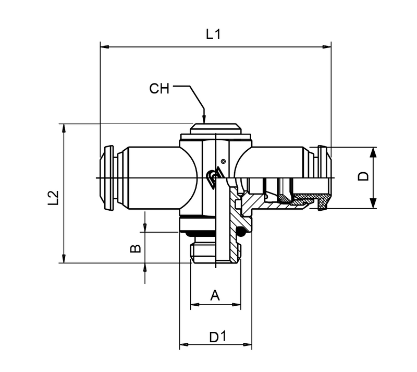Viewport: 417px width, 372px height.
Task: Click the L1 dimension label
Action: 214,35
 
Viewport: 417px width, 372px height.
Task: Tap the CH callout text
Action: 160,88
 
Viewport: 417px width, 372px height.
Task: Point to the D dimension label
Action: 364,176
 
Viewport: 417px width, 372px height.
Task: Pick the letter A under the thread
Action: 215,296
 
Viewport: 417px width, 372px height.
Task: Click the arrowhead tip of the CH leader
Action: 204,122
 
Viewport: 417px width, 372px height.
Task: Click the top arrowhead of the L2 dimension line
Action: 64,126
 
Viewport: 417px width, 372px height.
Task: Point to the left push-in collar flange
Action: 106,178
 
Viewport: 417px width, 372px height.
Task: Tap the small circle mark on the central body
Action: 223,161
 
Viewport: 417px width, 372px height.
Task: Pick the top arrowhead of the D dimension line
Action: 373,150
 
